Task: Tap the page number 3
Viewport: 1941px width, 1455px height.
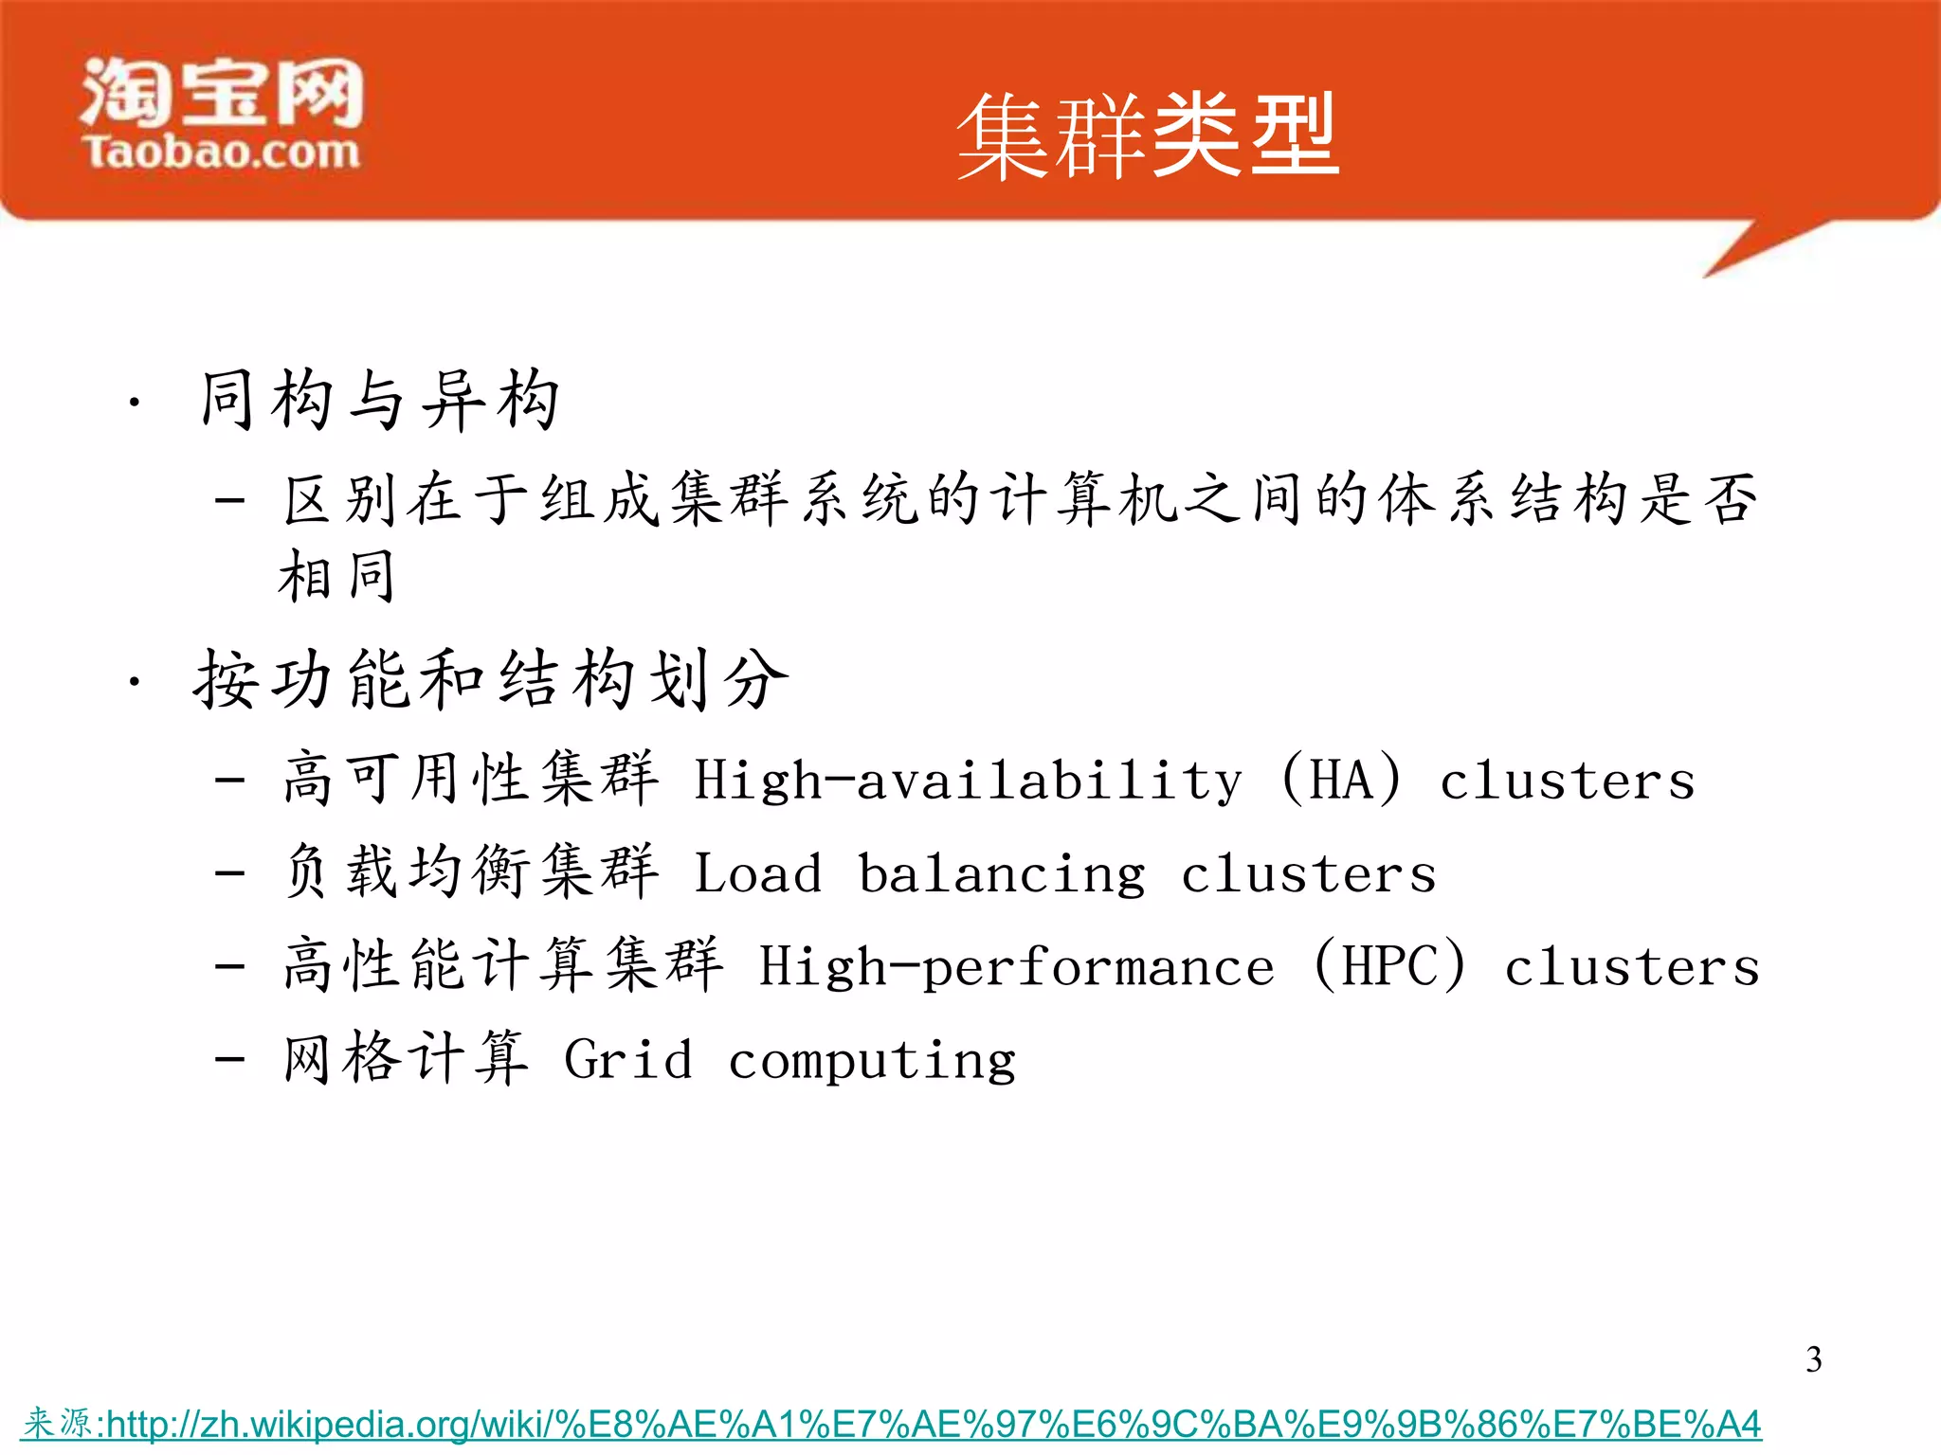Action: pyautogui.click(x=1813, y=1359)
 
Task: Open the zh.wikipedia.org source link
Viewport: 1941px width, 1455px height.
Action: pyautogui.click(x=933, y=1424)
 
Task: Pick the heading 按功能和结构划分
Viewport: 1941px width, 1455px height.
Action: pyautogui.click(x=491, y=679)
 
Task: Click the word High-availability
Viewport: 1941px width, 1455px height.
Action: pyautogui.click(x=968, y=781)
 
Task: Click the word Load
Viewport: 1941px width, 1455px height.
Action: pyautogui.click(x=757, y=873)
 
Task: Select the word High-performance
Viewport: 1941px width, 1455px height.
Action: pyautogui.click(x=1016, y=967)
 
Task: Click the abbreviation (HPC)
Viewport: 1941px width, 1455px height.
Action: pyautogui.click(x=1389, y=965)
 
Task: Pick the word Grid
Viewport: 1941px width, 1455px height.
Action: pyautogui.click(x=627, y=1059)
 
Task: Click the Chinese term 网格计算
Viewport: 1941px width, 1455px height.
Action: pyautogui.click(x=406, y=1058)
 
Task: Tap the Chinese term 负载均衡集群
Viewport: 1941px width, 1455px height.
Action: pyautogui.click(x=471, y=871)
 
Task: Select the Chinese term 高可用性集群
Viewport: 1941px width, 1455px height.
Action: pyautogui.click(x=471, y=779)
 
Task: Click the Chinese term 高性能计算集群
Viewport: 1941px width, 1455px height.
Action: pyautogui.click(x=503, y=965)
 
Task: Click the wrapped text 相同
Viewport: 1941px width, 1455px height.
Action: pyautogui.click(x=336, y=576)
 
